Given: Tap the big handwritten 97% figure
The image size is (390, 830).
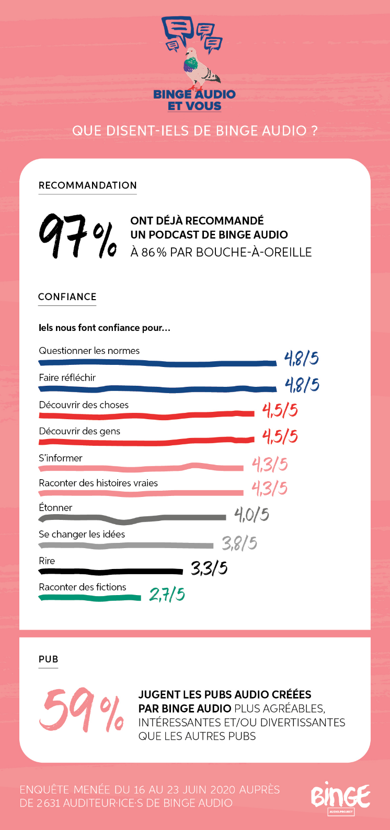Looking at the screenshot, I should (x=77, y=236).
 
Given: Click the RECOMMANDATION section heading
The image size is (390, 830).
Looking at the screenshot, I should (x=88, y=185).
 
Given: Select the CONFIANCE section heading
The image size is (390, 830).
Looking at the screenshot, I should (x=67, y=297).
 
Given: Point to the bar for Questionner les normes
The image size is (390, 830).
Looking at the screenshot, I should (x=157, y=363).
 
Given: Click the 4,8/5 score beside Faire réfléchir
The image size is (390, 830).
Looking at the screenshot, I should (x=302, y=385).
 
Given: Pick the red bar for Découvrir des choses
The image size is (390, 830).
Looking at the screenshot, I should (x=146, y=416).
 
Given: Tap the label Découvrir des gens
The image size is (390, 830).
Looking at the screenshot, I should (x=79, y=431).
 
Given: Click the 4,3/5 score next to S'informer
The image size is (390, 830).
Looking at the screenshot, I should (x=270, y=464).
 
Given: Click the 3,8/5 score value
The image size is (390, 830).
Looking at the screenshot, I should (x=239, y=543).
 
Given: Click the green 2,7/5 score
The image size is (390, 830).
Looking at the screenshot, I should (x=167, y=595).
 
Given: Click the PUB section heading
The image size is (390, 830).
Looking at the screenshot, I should (x=48, y=659).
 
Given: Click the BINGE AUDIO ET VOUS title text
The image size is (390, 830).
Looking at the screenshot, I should (x=194, y=100).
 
